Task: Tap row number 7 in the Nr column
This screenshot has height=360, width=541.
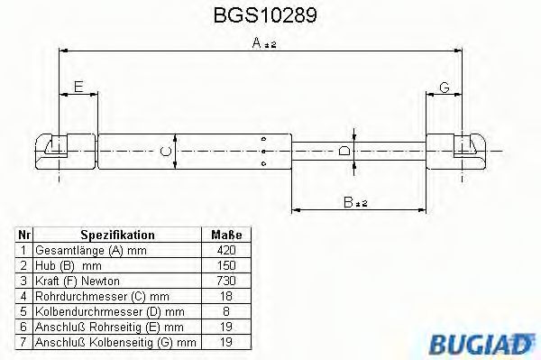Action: tap(23, 342)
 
